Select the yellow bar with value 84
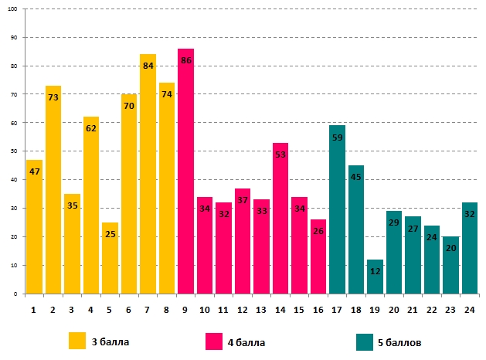point(148,178)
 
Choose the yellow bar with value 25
point(110,263)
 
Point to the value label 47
point(34,172)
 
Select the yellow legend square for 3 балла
point(77,341)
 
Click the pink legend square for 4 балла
point(214,341)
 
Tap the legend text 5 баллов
point(399,341)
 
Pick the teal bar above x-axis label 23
point(450,267)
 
